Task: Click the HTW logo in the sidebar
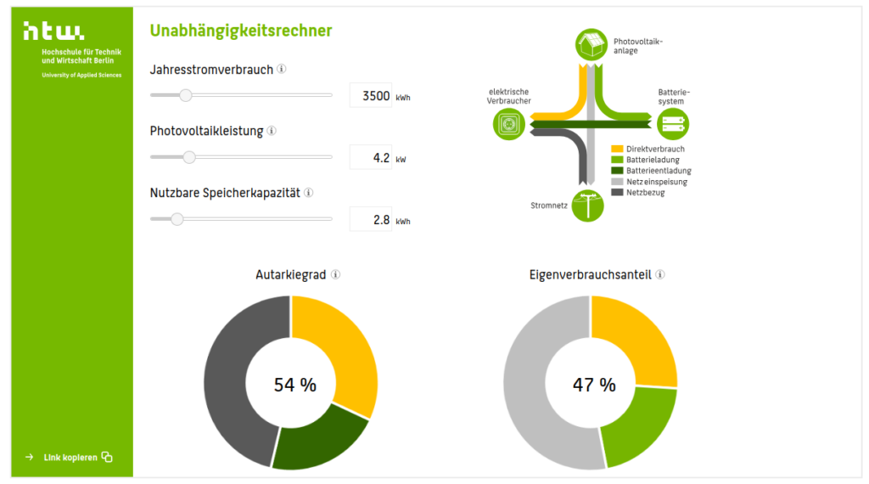[53, 31]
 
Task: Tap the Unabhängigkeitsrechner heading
[241, 31]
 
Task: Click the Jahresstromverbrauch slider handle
[186, 95]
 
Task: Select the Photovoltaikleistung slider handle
[189, 157]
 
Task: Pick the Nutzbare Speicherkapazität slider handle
[177, 219]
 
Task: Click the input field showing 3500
[371, 96]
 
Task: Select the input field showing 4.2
[371, 158]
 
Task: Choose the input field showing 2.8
[371, 220]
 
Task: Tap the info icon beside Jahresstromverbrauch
[282, 70]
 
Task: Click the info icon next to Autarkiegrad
[336, 275]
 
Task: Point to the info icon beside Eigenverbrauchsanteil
[660, 275]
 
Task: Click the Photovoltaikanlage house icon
[592, 44]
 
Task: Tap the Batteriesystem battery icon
[673, 125]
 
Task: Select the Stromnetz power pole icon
[587, 205]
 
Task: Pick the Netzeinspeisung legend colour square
[617, 182]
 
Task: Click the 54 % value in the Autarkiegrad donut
[294, 385]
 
